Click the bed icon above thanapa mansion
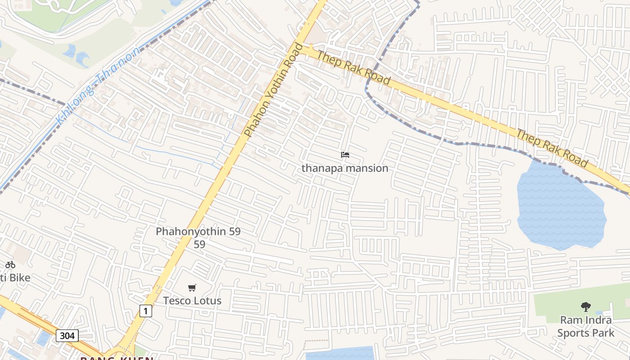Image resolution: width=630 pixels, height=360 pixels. click(x=345, y=155)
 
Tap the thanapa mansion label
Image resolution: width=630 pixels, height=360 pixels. click(x=345, y=168)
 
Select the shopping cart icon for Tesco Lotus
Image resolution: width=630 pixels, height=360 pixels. click(x=192, y=288)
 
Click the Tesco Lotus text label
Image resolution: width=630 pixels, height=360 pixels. click(x=192, y=301)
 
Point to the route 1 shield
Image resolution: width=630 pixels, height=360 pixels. click(x=145, y=310)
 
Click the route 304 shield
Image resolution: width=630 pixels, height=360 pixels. click(x=67, y=335)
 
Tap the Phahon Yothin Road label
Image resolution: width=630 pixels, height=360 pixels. click(x=274, y=90)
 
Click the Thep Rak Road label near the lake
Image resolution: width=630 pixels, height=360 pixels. click(x=552, y=148)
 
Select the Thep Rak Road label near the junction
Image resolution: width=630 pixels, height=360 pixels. click(x=354, y=67)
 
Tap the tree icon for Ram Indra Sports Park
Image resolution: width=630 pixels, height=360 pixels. click(x=585, y=307)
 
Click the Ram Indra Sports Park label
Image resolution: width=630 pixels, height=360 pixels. click(x=585, y=327)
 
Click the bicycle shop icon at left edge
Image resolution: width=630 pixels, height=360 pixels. click(x=10, y=265)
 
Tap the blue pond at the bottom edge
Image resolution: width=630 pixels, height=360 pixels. click(x=340, y=354)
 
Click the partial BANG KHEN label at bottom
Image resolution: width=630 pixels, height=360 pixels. click(x=117, y=358)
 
